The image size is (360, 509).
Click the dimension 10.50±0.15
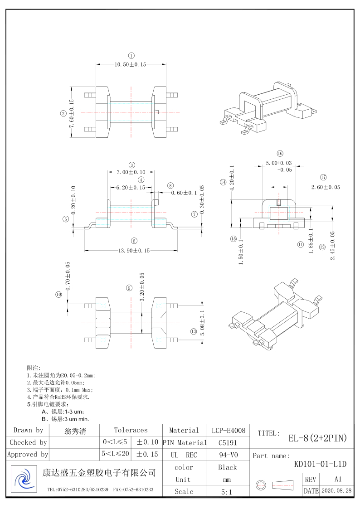coord(130,65)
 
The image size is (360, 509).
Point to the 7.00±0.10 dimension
coord(131,172)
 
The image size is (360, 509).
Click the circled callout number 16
coord(280,154)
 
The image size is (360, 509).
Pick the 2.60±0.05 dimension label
coord(325,187)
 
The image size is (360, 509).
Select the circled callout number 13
coord(194,332)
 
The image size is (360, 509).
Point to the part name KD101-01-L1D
coord(320,464)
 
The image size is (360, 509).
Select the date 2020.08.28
coord(336,491)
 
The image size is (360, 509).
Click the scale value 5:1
coord(227,491)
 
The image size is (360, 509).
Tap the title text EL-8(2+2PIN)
coord(318,438)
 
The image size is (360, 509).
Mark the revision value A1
coord(337,479)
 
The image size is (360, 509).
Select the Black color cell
coord(227,467)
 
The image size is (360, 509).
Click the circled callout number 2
coord(63,114)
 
